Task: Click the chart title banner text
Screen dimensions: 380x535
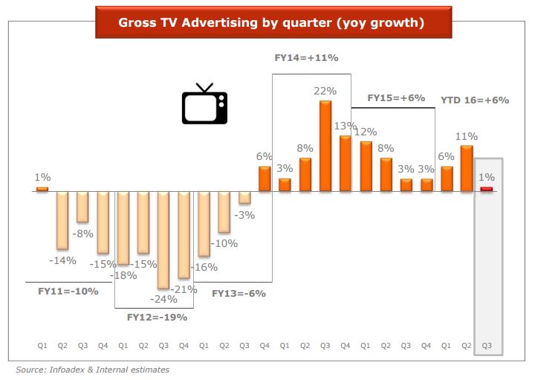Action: point(270,23)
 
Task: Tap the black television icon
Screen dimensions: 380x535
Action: point(204,104)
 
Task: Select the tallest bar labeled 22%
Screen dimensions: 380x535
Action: point(325,146)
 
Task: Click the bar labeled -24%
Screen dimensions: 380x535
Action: point(163,239)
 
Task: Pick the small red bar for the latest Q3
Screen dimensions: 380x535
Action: point(487,189)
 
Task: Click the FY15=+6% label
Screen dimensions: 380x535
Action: point(396,98)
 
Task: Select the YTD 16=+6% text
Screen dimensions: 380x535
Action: point(474,100)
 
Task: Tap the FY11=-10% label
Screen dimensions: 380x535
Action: point(68,291)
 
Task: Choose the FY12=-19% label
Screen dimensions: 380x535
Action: point(156,317)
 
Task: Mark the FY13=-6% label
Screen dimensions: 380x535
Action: point(239,293)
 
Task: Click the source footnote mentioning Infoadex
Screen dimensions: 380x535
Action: point(93,370)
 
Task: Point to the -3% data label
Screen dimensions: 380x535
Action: point(244,215)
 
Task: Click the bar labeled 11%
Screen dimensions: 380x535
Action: point(467,168)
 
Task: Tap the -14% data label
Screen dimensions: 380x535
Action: point(62,260)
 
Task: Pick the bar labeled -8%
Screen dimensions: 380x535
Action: point(82,207)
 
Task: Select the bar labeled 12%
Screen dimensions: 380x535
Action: point(366,166)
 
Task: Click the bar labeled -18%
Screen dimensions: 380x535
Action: point(123,228)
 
